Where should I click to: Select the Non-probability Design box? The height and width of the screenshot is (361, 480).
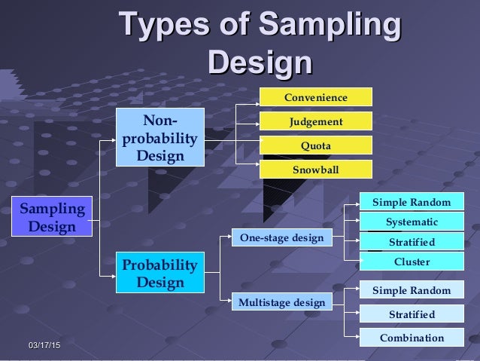[x=160, y=137]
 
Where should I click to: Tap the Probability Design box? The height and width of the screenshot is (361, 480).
[x=160, y=274]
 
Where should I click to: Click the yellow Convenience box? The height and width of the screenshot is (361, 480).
[x=315, y=97]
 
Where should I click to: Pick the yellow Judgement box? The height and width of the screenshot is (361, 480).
[x=315, y=121]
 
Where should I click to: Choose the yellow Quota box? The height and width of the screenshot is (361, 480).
[x=315, y=145]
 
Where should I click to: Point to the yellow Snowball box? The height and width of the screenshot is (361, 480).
[x=315, y=170]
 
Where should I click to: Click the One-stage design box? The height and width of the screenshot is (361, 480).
[x=281, y=237]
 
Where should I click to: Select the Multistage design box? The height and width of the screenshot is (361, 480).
[x=281, y=303]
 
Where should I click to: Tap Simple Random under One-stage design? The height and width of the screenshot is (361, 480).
[x=412, y=202]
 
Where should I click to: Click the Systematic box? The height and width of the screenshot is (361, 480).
[x=412, y=222]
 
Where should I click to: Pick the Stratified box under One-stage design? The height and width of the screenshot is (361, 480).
[x=412, y=242]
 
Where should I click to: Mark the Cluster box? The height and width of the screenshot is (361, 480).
[x=412, y=262]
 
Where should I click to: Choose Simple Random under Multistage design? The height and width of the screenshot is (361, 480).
[x=412, y=291]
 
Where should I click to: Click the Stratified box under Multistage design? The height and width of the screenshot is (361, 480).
[x=412, y=314]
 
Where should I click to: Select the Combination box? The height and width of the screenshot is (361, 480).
[x=412, y=338]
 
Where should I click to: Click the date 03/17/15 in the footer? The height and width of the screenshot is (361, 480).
[x=45, y=344]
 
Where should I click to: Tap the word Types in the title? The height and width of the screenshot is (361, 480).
[x=160, y=24]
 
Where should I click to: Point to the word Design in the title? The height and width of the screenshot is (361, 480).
[x=260, y=61]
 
